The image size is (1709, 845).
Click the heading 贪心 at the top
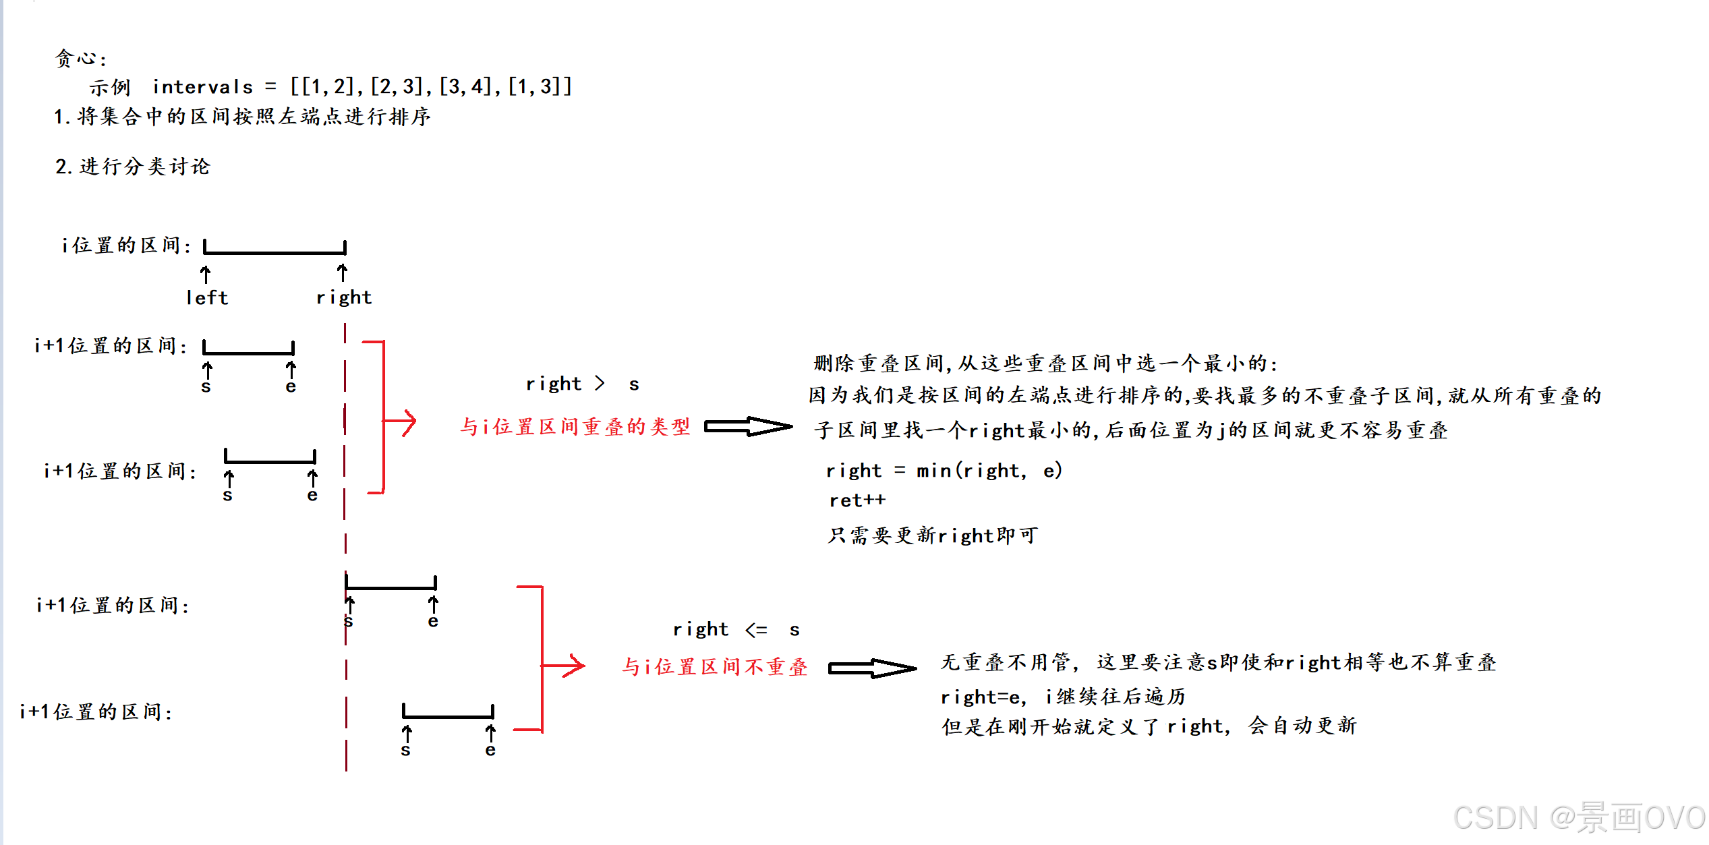pyautogui.click(x=80, y=59)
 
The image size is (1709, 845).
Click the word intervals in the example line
pyautogui.click(x=202, y=87)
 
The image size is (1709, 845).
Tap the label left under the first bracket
pyautogui.click(x=207, y=297)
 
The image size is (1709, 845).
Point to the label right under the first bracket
pyautogui.click(x=344, y=297)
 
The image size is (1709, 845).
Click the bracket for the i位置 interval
pyautogui.click(x=274, y=252)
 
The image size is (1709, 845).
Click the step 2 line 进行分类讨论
pyautogui.click(x=133, y=167)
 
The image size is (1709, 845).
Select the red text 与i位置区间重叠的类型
pyautogui.click(x=575, y=426)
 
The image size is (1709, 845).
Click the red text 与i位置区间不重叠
pyautogui.click(x=714, y=667)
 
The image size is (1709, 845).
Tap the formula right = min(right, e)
pyautogui.click(x=944, y=470)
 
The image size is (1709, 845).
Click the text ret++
pyautogui.click(x=857, y=500)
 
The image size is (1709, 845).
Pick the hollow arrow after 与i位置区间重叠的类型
pyautogui.click(x=748, y=426)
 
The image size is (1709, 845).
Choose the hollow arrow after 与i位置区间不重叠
pyautogui.click(x=872, y=668)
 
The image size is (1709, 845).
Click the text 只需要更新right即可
pyautogui.click(x=933, y=535)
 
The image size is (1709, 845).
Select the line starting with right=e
pyautogui.click(x=1063, y=697)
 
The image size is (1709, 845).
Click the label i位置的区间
pyautogui.click(x=126, y=245)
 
